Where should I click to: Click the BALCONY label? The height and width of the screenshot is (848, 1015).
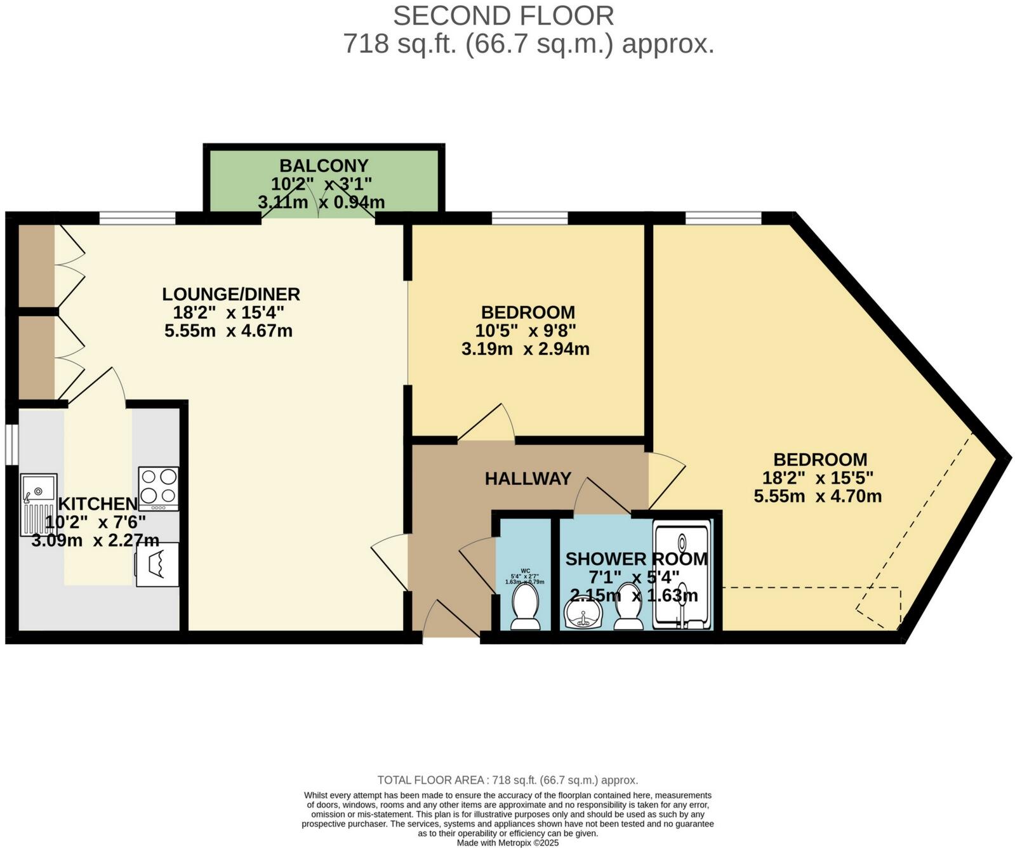pos(324,166)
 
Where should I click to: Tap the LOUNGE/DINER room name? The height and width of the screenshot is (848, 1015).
pos(231,295)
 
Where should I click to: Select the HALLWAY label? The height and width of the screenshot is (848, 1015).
pos(528,479)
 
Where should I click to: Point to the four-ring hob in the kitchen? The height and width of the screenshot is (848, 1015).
pos(159,487)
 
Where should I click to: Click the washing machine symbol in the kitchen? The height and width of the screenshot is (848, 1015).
pos(157,564)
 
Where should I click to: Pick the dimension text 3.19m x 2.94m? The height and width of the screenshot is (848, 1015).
pos(526,349)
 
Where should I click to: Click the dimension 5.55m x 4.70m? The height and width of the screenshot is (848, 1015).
pos(818,496)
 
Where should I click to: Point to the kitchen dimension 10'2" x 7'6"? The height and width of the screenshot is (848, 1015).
pos(95,522)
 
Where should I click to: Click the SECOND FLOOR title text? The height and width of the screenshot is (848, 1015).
pos(503,16)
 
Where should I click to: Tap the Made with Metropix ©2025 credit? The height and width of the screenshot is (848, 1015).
pos(508,843)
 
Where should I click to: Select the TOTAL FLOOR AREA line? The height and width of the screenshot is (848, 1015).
pos(508,780)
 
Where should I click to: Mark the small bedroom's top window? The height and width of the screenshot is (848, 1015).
pos(529,218)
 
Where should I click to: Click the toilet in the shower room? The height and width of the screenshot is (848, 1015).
pos(628,608)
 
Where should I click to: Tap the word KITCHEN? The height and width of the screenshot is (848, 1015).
pos(98,504)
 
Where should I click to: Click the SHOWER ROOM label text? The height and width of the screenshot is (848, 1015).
pos(636,559)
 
